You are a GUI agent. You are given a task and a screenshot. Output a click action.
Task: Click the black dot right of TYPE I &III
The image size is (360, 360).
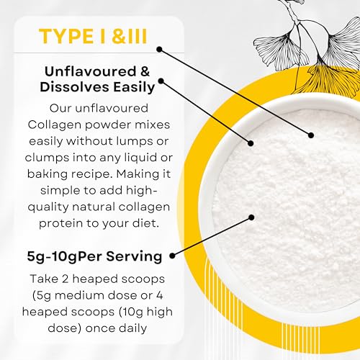coord(159,50)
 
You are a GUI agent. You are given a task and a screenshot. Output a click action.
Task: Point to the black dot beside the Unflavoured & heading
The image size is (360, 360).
coord(161,81)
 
